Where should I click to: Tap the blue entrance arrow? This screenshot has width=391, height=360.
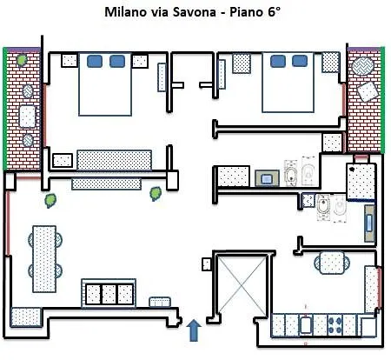point(193,330)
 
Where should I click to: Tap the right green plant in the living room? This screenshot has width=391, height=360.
point(156,191)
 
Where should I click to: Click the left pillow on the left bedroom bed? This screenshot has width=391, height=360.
point(95,61)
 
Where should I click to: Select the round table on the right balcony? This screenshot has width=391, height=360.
point(360,66)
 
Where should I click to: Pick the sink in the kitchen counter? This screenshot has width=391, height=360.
point(306,325)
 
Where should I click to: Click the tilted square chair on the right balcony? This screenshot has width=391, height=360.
point(368,90)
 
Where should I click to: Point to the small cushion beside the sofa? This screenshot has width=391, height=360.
point(159,302)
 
